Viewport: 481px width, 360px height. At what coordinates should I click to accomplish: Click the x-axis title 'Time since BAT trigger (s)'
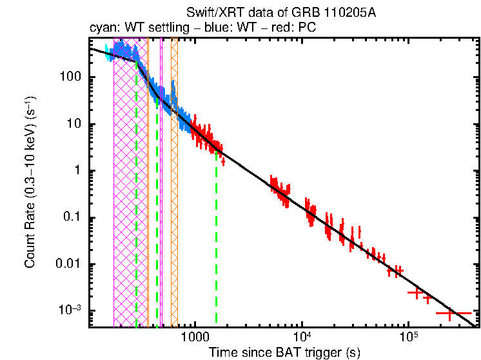284,352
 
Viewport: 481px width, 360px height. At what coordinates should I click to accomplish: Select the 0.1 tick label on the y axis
72,217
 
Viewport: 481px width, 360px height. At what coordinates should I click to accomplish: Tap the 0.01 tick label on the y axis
69,264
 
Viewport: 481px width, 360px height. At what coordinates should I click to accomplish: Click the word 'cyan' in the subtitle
101,28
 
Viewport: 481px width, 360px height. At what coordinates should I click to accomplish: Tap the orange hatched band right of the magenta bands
174,194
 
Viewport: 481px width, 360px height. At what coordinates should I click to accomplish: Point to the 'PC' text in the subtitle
307,28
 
